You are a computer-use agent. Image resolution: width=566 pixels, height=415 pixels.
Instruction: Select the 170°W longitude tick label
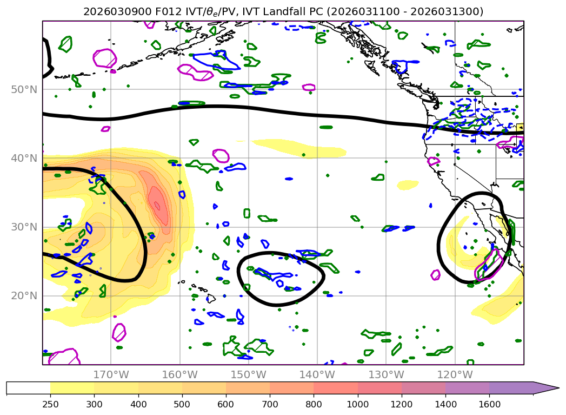(111, 374)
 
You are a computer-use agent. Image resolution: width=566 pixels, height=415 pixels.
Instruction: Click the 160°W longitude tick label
(179, 374)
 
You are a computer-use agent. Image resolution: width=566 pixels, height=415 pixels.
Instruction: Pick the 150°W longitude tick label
(248, 374)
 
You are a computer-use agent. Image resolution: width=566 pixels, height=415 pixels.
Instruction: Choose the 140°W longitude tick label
(317, 374)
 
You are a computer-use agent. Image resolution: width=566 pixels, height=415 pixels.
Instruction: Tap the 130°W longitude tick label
(385, 374)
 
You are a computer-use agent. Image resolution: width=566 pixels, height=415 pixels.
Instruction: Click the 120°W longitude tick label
(454, 374)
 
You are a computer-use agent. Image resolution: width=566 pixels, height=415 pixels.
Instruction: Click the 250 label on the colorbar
(50, 404)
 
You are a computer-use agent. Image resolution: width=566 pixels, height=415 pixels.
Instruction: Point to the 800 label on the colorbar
(314, 404)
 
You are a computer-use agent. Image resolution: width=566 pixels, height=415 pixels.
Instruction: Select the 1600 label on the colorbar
(489, 404)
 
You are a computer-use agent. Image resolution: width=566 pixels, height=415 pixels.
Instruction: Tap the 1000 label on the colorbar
(357, 404)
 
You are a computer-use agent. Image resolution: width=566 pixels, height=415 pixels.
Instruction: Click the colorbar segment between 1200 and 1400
(423, 388)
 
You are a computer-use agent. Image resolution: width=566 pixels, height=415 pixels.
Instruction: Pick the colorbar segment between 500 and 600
(204, 388)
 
